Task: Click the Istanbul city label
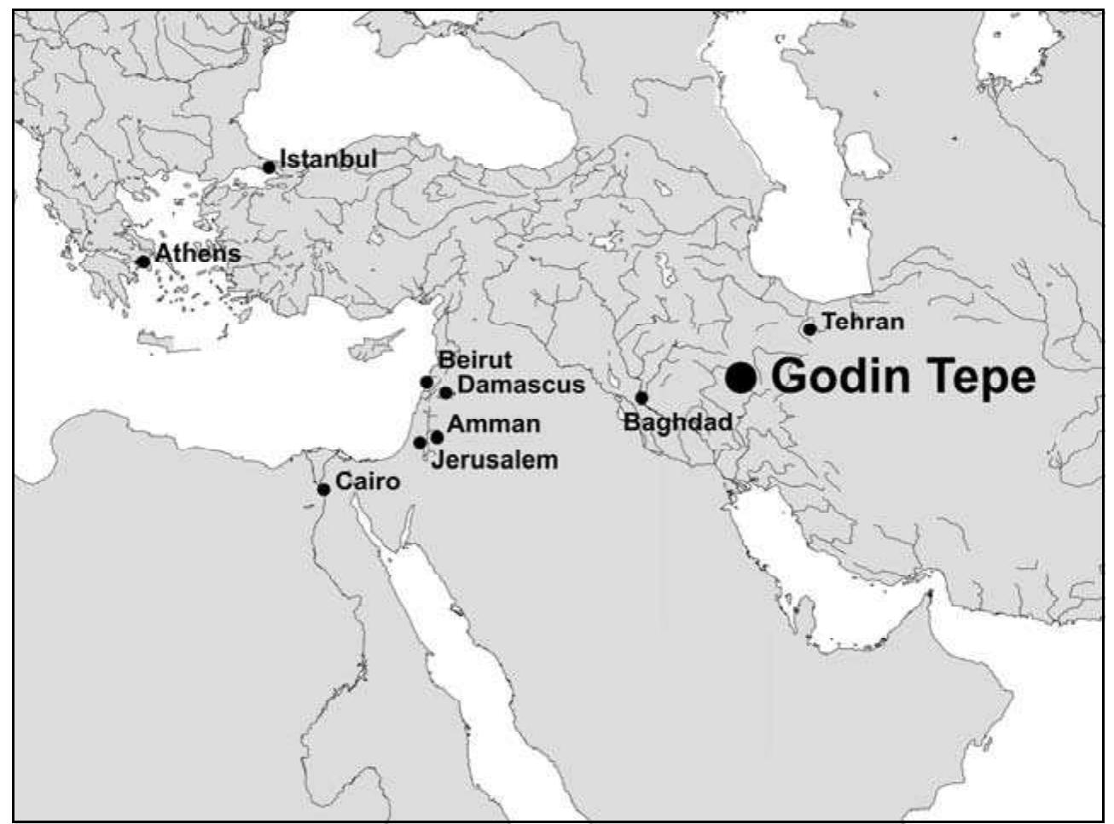pyautogui.click(x=328, y=160)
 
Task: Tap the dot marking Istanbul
pyautogui.click(x=269, y=167)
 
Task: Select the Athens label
pyautogui.click(x=197, y=253)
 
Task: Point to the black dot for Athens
pyautogui.click(x=143, y=262)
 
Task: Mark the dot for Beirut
pyautogui.click(x=427, y=382)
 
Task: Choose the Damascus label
pyautogui.click(x=521, y=385)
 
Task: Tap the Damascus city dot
pyautogui.click(x=445, y=392)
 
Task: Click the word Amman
pyautogui.click(x=493, y=424)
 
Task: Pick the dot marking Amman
pyautogui.click(x=438, y=437)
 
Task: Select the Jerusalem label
pyautogui.click(x=495, y=461)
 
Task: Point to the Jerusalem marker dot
pyautogui.click(x=420, y=443)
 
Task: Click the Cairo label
pyautogui.click(x=368, y=481)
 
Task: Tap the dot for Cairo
pyautogui.click(x=324, y=490)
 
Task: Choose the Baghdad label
pyautogui.click(x=678, y=421)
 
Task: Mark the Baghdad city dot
pyautogui.click(x=641, y=397)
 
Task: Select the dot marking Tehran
pyautogui.click(x=809, y=329)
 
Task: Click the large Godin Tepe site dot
pyautogui.click(x=740, y=377)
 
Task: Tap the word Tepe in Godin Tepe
pyautogui.click(x=972, y=378)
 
